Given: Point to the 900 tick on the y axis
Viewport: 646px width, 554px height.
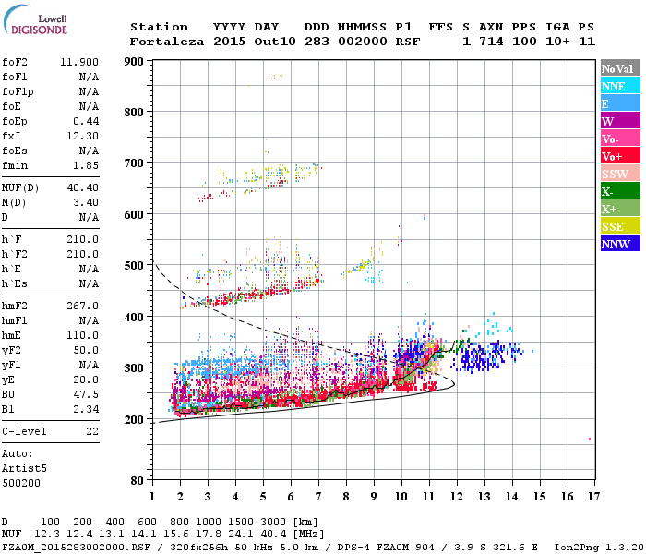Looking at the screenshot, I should (x=136, y=62).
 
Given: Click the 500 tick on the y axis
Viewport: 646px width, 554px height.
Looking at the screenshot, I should (x=136, y=266).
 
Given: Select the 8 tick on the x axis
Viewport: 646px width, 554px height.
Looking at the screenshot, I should (x=346, y=497).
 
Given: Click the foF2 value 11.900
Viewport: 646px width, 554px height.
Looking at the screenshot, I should (x=79, y=62).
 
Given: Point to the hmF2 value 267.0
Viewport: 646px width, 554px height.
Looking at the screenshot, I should (x=82, y=306).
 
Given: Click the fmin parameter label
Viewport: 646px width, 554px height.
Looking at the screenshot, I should (x=18, y=164).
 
